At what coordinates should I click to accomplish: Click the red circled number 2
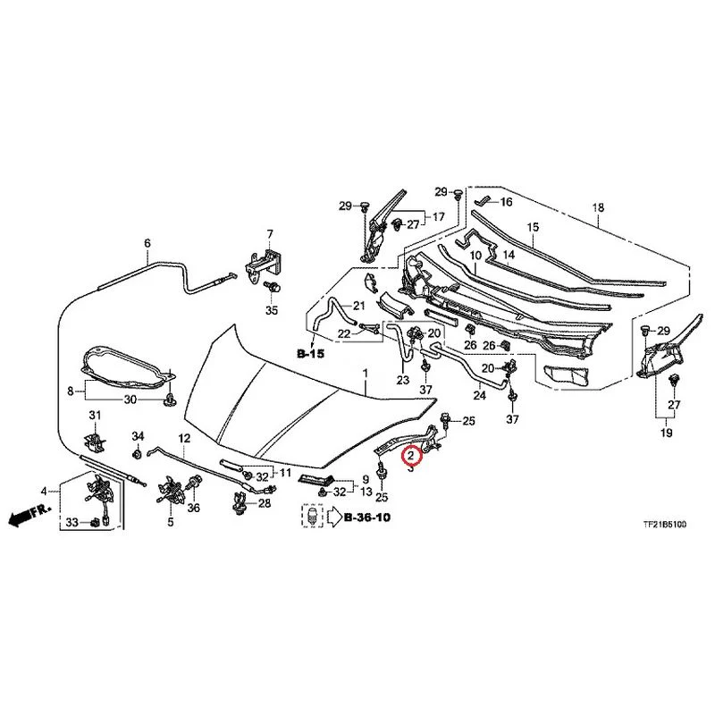coord(410,455)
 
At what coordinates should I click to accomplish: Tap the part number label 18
coord(598,207)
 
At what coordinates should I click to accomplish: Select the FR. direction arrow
coord(29,516)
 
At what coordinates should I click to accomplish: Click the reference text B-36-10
coord(367,517)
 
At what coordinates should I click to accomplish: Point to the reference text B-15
coord(310,353)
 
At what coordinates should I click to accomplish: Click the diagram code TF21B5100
coord(664,525)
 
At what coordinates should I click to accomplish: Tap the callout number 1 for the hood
coord(366,374)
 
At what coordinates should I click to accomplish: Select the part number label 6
coord(147,243)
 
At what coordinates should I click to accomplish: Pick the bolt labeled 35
coord(273,288)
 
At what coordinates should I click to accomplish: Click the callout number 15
coord(533,227)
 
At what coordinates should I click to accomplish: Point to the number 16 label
coord(506,202)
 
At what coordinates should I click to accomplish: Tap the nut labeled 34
coord(138,454)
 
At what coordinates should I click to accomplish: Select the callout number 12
coord(184,439)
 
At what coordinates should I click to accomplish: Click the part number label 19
coord(666,432)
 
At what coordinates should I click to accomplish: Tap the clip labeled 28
coord(240,502)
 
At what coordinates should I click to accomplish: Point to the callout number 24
coord(479,395)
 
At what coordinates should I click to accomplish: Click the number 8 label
coord(71,391)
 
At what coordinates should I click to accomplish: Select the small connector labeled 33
coord(95,522)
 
